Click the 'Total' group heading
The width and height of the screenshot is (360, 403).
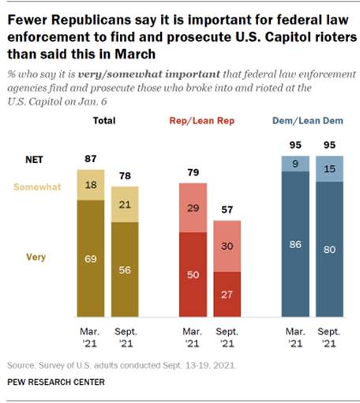(104, 120)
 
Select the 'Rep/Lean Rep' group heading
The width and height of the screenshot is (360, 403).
(204, 120)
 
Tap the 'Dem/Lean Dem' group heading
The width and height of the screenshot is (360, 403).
(308, 120)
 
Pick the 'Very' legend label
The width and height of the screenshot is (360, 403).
(35, 256)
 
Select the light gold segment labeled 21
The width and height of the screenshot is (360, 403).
(125, 205)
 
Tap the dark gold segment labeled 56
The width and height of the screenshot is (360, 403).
(125, 268)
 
